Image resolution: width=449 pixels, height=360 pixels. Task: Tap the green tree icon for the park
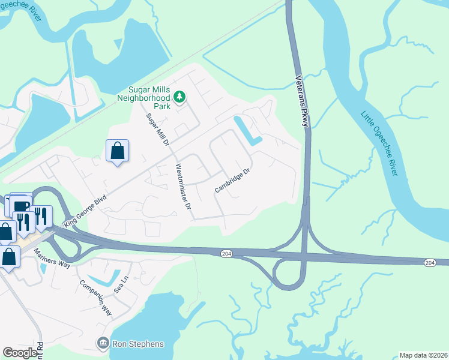coord(179,96)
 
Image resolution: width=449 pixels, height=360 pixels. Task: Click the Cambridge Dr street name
coord(232,181)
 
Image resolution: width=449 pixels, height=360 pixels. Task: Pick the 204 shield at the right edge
coord(430,263)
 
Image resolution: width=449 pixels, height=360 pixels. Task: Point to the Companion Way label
coord(96,297)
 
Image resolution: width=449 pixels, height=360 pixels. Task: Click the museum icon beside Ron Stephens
coord(103,343)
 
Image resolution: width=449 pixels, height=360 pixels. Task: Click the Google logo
coord(20,353)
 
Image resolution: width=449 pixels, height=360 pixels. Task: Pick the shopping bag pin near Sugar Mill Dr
coord(118,151)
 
